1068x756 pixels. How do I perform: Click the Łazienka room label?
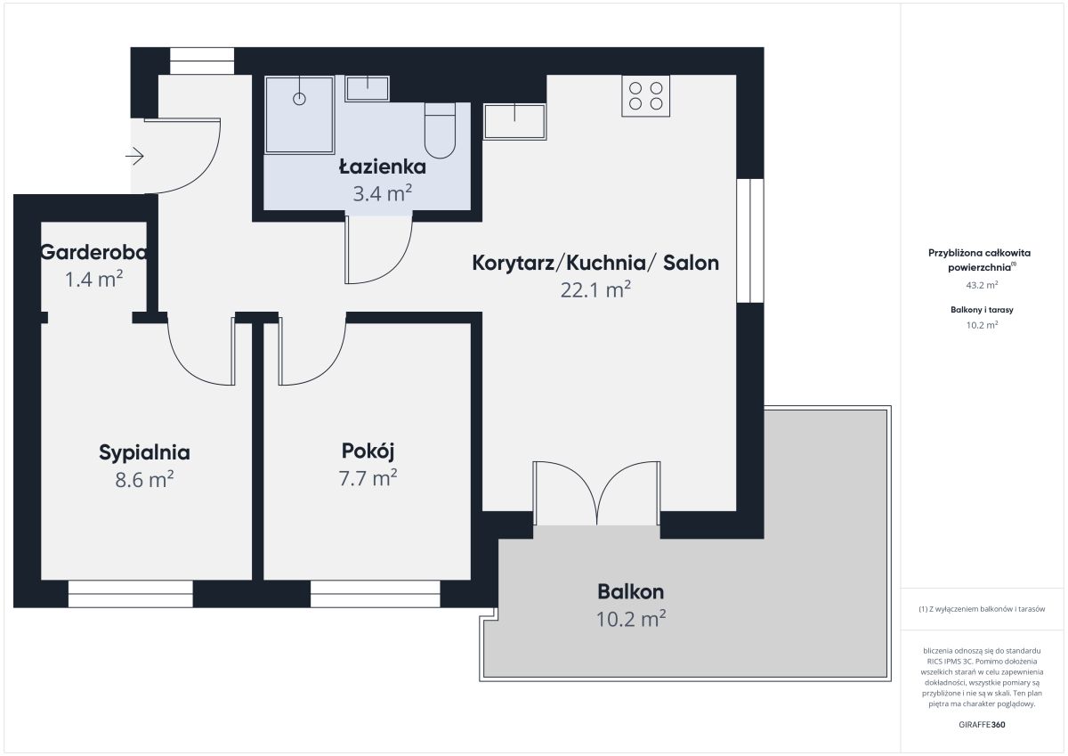(383, 167)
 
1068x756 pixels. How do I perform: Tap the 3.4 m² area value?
(383, 193)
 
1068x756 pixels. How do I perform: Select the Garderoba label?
(93, 252)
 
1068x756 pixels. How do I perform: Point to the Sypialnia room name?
(144, 452)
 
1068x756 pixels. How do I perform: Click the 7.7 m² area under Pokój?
(368, 478)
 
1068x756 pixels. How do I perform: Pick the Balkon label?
(631, 592)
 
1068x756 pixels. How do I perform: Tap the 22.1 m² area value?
(595, 289)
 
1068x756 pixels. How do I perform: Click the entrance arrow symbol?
(135, 156)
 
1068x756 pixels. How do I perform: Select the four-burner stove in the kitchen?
(645, 96)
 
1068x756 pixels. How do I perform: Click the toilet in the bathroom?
(440, 131)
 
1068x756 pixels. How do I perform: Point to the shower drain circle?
(299, 99)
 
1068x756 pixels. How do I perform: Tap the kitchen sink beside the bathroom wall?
(514, 122)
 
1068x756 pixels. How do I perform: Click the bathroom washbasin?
(367, 89)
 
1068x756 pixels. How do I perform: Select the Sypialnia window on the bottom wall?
(131, 594)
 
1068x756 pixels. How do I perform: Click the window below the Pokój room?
(376, 594)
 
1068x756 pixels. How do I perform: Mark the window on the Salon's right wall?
(750, 241)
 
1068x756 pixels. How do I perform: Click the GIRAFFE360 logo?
(982, 725)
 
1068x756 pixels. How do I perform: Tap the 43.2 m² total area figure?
(982, 285)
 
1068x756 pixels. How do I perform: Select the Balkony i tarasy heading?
(982, 310)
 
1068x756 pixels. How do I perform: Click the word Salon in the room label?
(691, 263)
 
